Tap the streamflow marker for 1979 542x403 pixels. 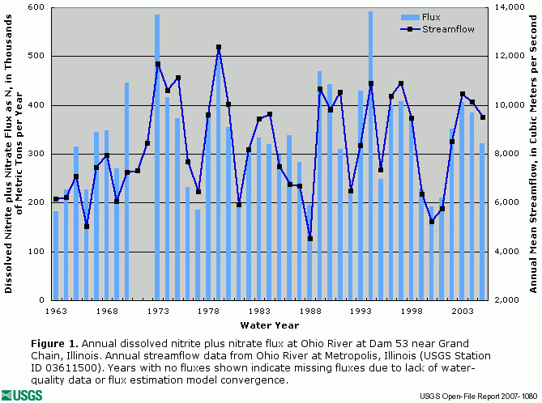[x=219, y=47]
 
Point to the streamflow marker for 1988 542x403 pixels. [x=309, y=239]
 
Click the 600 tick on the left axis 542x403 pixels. [x=36, y=7]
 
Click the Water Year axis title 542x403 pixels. [x=270, y=325]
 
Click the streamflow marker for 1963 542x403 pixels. [x=56, y=199]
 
